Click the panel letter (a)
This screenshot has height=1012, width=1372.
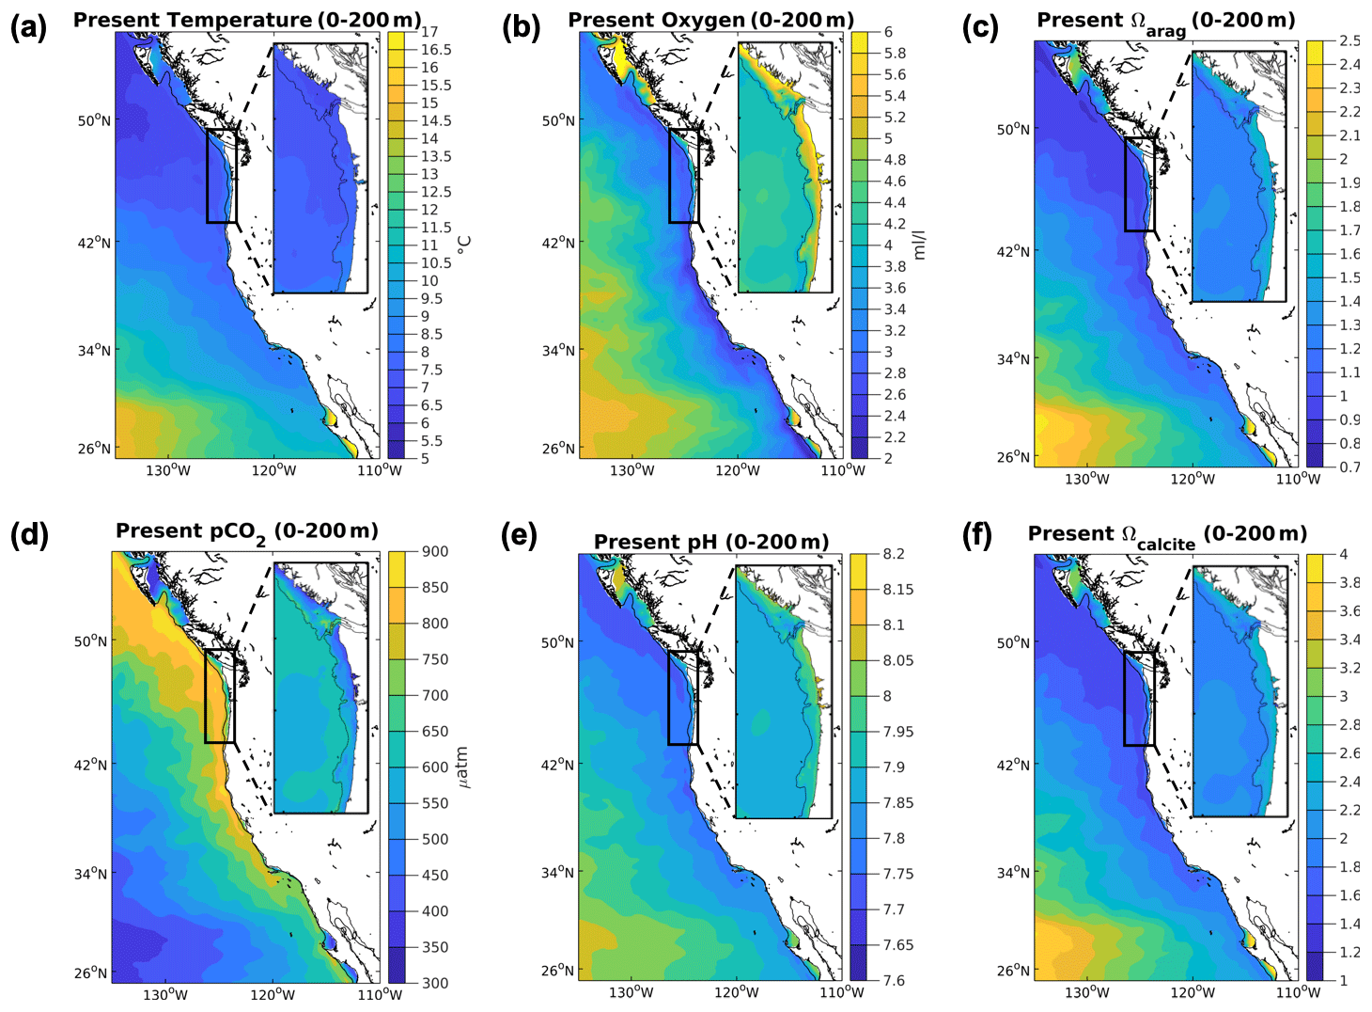pos(28,27)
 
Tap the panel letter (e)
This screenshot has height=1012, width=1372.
pos(519,535)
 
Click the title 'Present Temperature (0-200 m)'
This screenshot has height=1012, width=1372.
pos(247,20)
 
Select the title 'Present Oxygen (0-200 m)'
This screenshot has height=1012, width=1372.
pos(711,20)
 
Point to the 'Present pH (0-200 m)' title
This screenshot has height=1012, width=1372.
pos(711,542)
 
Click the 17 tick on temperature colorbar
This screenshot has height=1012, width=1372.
pos(429,32)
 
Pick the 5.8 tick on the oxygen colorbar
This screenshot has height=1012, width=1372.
pos(895,54)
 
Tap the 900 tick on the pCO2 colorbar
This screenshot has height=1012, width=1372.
pos(435,551)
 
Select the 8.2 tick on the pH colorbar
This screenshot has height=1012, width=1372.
pos(894,554)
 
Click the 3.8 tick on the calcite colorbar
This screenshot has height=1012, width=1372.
pos(1349,582)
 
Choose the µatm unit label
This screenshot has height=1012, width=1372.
pos(461,767)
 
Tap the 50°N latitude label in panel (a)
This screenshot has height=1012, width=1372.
pos(93,120)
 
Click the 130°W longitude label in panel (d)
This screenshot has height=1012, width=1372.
pos(165,994)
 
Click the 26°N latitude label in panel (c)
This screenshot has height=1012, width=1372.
pos(1013,457)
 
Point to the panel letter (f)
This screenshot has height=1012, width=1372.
pos(980,535)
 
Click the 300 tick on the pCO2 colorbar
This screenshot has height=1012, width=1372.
pos(435,983)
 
